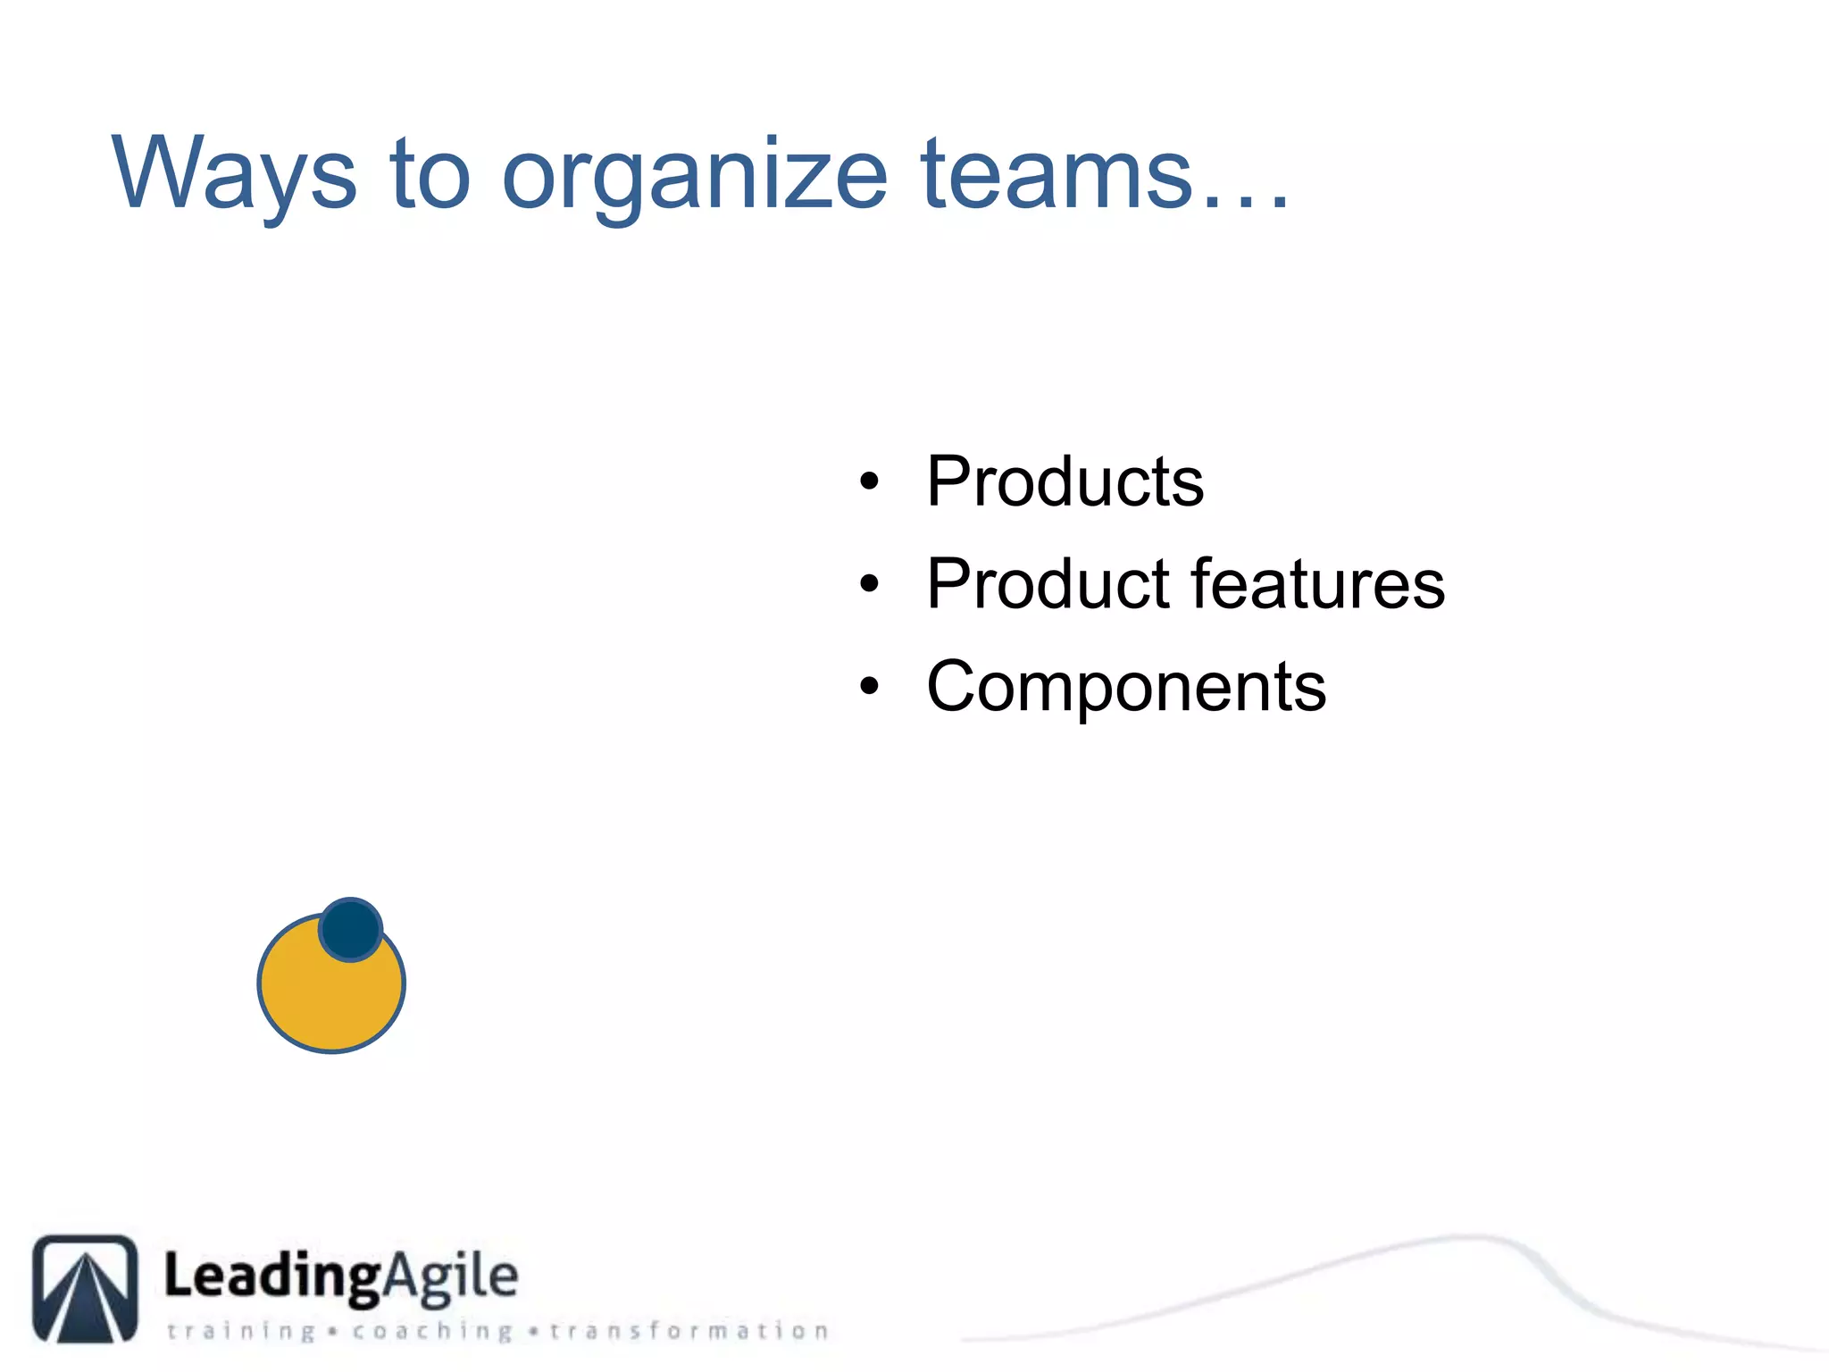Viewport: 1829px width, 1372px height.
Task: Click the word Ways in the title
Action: [x=234, y=175]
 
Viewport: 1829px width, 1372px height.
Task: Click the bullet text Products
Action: [x=1065, y=481]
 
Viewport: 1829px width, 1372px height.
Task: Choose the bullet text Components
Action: [x=1126, y=687]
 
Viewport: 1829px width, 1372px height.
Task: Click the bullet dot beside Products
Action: [x=869, y=482]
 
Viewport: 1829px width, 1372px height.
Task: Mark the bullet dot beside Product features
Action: [x=869, y=585]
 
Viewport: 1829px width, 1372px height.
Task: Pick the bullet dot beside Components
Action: [x=869, y=687]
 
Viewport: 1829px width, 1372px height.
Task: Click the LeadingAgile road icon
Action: [x=86, y=1288]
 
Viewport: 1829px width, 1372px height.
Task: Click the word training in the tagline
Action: [x=241, y=1332]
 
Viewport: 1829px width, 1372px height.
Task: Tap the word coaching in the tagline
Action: [x=432, y=1332]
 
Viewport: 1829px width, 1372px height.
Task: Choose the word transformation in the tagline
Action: [x=689, y=1331]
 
